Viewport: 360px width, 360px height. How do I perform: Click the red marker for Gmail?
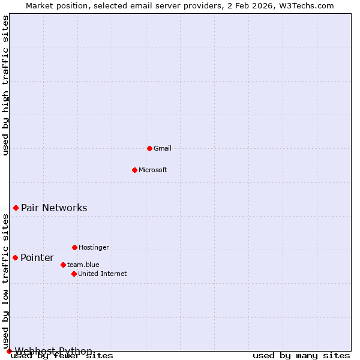coord(149,148)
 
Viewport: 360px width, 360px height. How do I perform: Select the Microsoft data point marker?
coord(134,170)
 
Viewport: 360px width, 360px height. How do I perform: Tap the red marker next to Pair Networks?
coord(16,208)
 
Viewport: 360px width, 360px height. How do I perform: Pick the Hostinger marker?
coord(74,247)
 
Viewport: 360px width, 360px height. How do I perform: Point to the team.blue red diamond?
coord(63,265)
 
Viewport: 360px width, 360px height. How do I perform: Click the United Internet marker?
coord(74,274)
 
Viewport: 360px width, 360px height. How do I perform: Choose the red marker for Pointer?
coord(15,257)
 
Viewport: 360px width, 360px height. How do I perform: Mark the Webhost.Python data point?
coord(9,351)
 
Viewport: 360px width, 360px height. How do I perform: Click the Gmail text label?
coord(163,148)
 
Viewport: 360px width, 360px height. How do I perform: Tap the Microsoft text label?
coord(153,170)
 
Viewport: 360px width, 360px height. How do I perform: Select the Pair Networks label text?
coord(54,208)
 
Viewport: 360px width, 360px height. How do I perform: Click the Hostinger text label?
coord(94,247)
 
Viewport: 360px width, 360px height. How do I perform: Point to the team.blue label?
coord(83,265)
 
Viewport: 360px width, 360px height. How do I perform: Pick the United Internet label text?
coord(103,274)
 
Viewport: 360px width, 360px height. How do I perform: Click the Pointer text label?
coord(37,258)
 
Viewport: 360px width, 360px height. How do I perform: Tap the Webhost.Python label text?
coord(53,351)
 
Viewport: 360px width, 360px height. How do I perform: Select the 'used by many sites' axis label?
coord(301,356)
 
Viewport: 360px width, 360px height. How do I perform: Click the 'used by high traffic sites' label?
coord(6,85)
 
